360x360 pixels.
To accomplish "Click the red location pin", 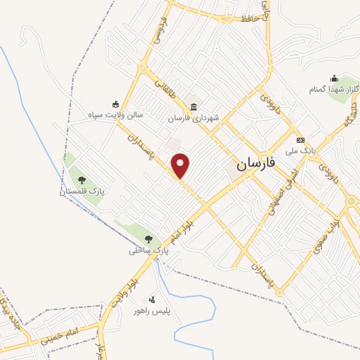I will (x=181, y=165).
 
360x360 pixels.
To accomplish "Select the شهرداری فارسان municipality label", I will (x=193, y=118).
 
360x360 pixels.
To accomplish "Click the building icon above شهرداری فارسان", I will (x=193, y=107).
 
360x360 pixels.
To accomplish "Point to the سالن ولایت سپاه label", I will (x=115, y=113).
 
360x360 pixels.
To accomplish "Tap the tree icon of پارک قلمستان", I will (x=81, y=180).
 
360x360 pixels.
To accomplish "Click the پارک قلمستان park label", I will (x=81, y=191).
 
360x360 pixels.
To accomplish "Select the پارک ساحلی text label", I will (x=149, y=250).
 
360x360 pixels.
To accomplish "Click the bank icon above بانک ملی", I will (x=300, y=140).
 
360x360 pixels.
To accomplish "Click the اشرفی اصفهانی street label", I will (x=281, y=198).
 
